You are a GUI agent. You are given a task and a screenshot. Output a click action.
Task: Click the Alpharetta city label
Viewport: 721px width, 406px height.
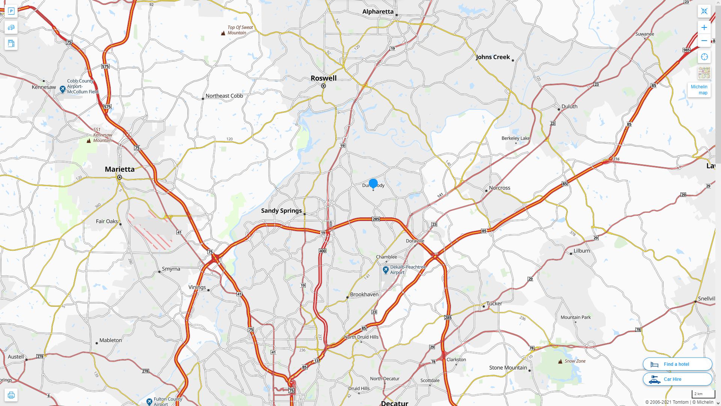pyautogui.click(x=378, y=12)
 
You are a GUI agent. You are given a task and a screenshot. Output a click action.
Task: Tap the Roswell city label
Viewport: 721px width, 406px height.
pyautogui.click(x=323, y=78)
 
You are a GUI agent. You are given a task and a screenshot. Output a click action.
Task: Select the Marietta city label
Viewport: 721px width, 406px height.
pyautogui.click(x=119, y=169)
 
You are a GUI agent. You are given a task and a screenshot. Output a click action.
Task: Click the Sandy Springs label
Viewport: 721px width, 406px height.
pyautogui.click(x=281, y=211)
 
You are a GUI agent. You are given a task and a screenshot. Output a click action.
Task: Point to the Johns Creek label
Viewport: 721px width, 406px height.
pyautogui.click(x=493, y=57)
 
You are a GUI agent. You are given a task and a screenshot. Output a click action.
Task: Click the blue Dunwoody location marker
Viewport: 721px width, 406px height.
pyautogui.click(x=373, y=183)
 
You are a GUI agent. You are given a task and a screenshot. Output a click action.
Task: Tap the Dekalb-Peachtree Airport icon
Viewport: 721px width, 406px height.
pyautogui.click(x=386, y=270)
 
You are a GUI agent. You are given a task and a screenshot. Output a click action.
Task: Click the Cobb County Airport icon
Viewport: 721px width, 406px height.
pyautogui.click(x=63, y=89)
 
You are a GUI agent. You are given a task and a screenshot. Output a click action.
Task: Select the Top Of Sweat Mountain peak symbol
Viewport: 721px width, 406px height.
pyautogui.click(x=223, y=33)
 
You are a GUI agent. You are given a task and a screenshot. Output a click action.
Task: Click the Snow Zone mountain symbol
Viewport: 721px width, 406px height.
pyautogui.click(x=560, y=361)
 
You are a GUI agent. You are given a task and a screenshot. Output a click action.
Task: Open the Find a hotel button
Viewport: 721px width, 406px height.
pyautogui.click(x=677, y=364)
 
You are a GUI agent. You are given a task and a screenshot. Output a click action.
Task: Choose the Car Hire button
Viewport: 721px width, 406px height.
pyautogui.click(x=677, y=379)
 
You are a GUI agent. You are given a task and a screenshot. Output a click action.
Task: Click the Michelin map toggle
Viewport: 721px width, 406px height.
pyautogui.click(x=699, y=89)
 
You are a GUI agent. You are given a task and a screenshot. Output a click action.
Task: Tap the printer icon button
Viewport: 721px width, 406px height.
pyautogui.click(x=11, y=395)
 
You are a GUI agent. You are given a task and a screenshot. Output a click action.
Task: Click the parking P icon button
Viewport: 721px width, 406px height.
pyautogui.click(x=11, y=11)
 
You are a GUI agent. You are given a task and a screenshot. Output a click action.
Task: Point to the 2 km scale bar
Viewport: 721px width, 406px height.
pyautogui.click(x=703, y=394)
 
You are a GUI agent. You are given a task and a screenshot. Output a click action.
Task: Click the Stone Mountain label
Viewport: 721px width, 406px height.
pyautogui.click(x=508, y=368)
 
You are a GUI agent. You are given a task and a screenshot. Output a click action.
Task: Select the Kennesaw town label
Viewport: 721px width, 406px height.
pyautogui.click(x=44, y=87)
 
